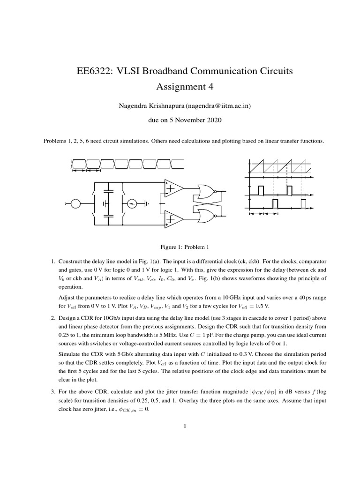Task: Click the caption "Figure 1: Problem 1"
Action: click(x=180, y=247)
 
